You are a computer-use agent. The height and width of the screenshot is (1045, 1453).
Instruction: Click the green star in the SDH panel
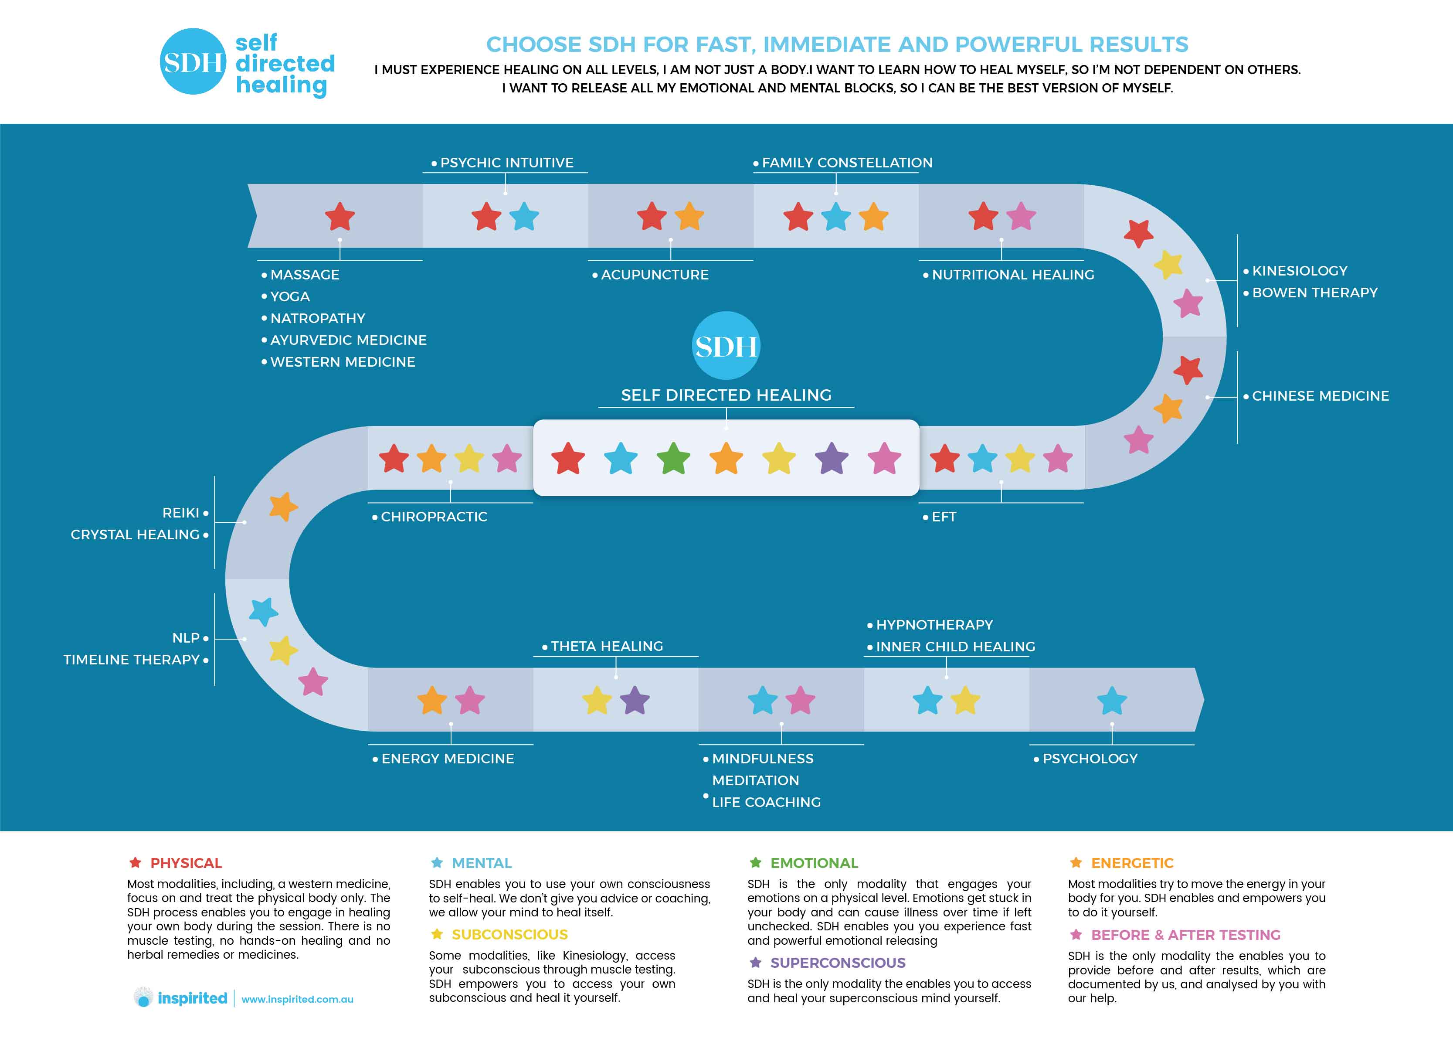click(x=673, y=459)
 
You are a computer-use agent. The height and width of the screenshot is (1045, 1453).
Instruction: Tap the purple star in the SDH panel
click(x=832, y=459)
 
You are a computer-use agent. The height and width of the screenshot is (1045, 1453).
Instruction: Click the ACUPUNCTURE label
click(x=654, y=275)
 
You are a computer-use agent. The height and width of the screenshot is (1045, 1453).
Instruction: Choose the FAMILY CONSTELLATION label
click(x=846, y=163)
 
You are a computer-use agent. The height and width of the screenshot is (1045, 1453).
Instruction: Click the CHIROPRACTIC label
click(x=434, y=517)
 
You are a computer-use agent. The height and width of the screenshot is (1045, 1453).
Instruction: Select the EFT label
click(x=944, y=517)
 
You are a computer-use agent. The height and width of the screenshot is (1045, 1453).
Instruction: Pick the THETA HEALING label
click(x=606, y=647)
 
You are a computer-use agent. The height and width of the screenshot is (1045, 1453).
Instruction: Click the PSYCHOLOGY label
click(x=1089, y=759)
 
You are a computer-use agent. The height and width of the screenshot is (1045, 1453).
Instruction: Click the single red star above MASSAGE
click(x=339, y=217)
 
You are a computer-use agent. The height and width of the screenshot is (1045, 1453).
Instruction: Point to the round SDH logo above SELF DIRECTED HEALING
click(x=726, y=346)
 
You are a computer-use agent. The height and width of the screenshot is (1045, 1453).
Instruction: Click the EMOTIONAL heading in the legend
click(x=814, y=863)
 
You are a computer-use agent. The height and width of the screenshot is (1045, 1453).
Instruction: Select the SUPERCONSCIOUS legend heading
click(x=837, y=963)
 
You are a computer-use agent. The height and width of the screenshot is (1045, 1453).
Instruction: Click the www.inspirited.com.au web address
click(x=297, y=1000)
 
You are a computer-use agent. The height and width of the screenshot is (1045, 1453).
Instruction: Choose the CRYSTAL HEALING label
click(x=135, y=534)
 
